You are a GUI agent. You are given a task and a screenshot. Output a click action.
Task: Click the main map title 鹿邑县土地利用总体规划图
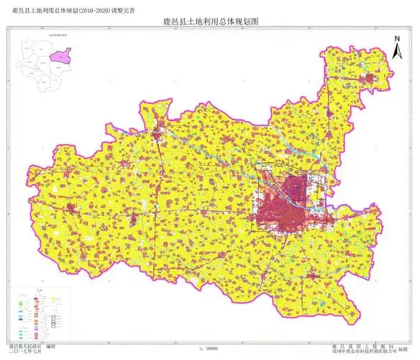[210, 22]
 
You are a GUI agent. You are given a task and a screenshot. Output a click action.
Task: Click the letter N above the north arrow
[396, 40]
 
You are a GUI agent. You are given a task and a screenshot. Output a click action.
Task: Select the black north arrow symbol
[396, 52]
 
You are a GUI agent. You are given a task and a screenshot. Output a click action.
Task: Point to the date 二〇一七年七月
[24, 351]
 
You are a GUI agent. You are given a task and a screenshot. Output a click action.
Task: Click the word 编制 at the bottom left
[52, 346]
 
